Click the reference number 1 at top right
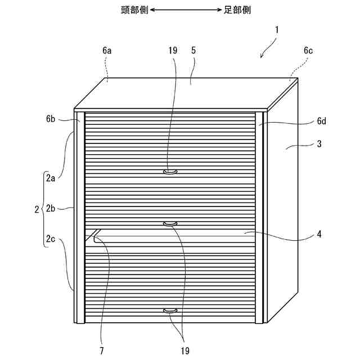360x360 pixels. (277, 28)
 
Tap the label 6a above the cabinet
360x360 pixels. (107, 50)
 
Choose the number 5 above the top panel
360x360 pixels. (193, 50)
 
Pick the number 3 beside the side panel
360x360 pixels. (319, 144)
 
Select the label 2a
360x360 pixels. (51, 179)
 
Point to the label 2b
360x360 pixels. (51, 209)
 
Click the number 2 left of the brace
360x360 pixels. (37, 209)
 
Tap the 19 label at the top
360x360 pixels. (172, 50)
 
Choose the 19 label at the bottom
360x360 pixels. (184, 351)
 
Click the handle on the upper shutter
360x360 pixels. (170, 172)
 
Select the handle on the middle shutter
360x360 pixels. (170, 224)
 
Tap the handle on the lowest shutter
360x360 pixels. (170, 310)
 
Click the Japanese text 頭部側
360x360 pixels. (134, 10)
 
